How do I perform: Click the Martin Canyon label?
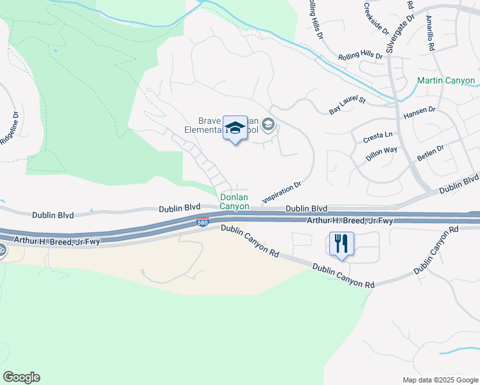click(x=446, y=81)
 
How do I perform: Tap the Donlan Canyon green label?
click(x=234, y=202)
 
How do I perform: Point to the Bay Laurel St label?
click(x=347, y=106)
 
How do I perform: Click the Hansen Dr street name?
click(x=419, y=114)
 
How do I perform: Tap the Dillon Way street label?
click(x=381, y=155)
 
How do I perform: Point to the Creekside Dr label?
click(x=376, y=19)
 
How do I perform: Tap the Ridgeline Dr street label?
click(x=10, y=128)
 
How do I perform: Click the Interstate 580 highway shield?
click(x=202, y=223)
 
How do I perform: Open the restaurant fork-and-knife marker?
click(x=341, y=244)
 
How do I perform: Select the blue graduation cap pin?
click(x=235, y=127)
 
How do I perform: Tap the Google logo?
click(x=21, y=377)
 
